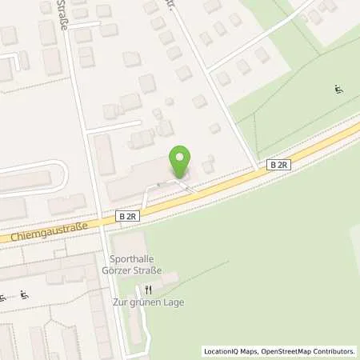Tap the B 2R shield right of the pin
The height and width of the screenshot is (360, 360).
278,165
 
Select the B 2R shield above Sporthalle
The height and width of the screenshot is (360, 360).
126,216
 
